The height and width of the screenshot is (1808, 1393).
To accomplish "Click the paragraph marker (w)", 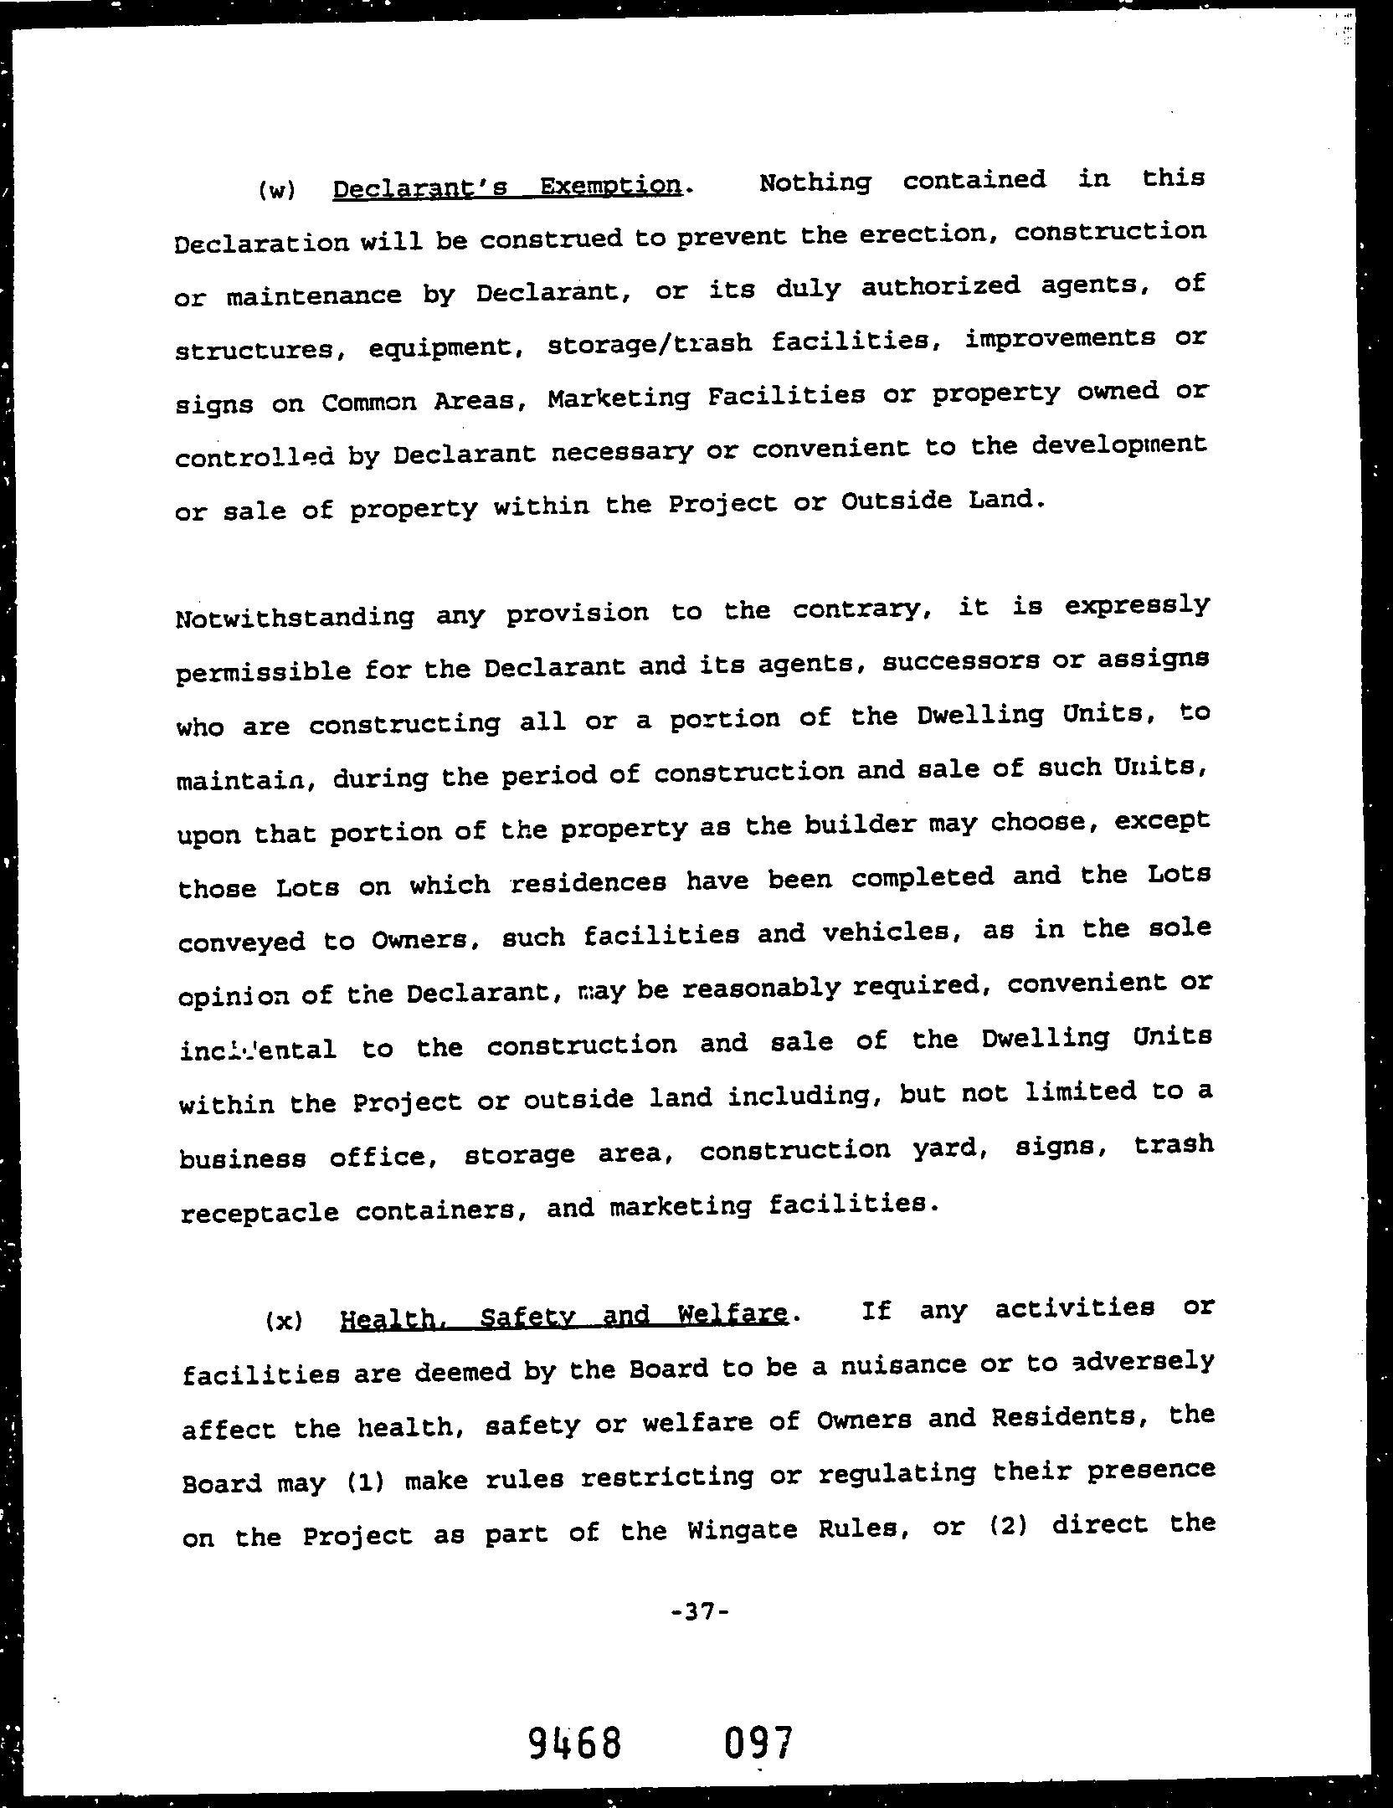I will (x=275, y=191).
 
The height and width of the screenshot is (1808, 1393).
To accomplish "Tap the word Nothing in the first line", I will (x=814, y=182).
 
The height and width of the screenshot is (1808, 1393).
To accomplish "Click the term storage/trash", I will (x=649, y=344).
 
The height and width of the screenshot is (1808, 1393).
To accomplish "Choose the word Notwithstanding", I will (x=296, y=617).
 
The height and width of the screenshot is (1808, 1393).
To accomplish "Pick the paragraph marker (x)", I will (x=283, y=1322).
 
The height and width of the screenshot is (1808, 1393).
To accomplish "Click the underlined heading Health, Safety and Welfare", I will (x=564, y=1317).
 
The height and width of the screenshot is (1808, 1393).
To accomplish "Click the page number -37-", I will (x=702, y=1610).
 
